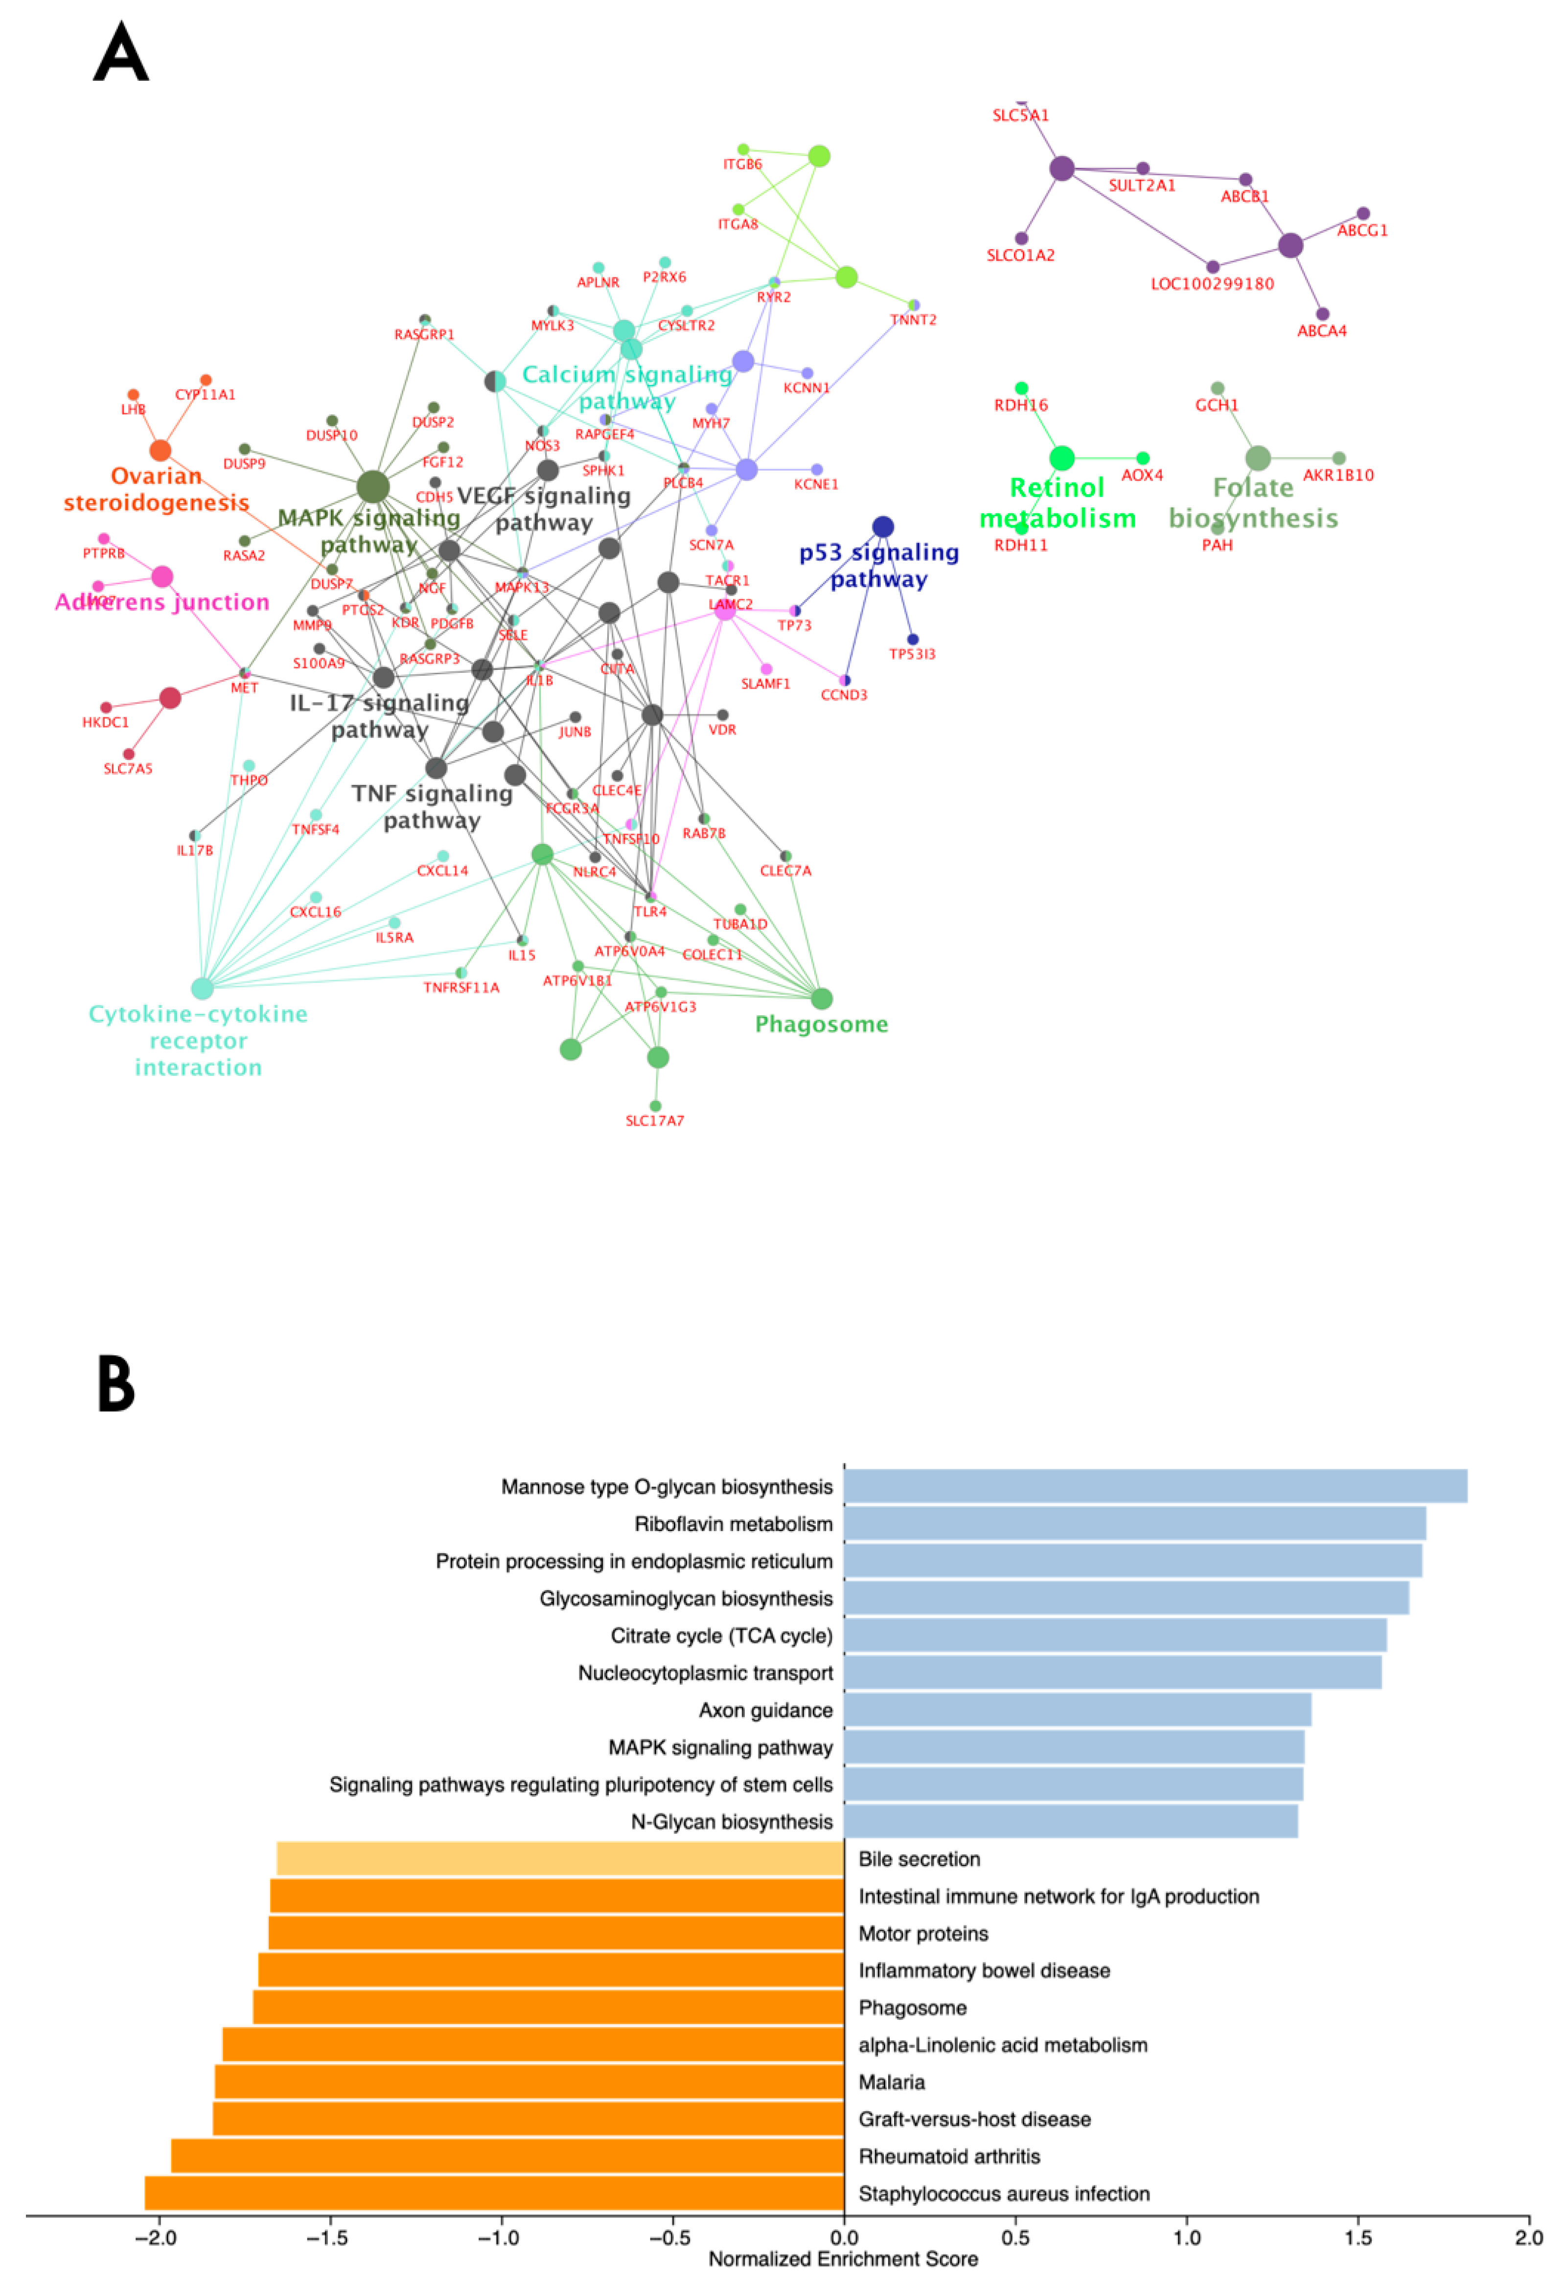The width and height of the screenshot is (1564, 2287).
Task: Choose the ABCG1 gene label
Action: (1362, 230)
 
